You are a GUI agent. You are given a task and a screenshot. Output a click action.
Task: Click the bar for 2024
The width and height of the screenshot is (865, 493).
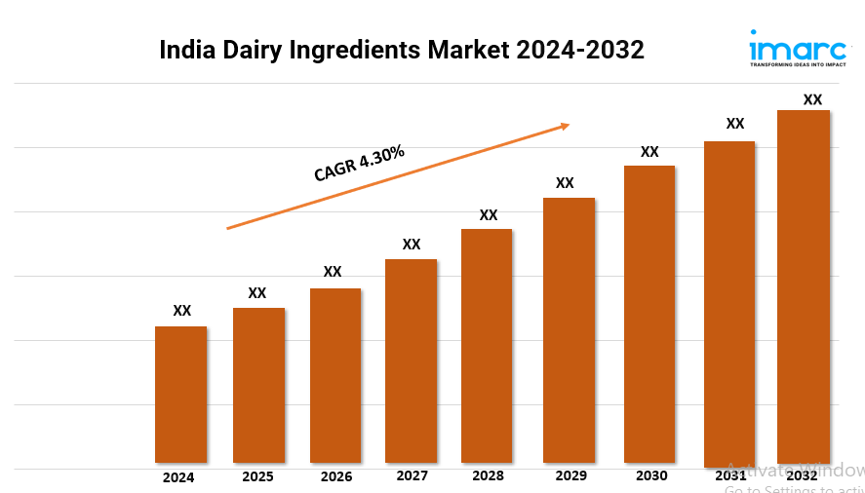180,395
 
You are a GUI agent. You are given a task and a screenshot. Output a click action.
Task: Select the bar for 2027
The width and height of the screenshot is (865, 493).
411,360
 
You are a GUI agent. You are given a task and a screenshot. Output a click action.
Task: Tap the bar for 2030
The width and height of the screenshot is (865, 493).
649,314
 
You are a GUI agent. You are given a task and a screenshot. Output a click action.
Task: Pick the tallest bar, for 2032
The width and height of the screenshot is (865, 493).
803,286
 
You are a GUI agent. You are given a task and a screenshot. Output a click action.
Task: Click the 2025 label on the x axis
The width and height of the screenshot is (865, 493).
257,477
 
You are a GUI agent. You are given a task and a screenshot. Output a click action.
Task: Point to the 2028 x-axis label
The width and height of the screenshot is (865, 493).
489,476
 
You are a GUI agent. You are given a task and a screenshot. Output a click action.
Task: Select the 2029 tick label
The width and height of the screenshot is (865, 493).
570,476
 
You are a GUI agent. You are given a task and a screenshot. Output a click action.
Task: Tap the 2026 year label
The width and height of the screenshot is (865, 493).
336,477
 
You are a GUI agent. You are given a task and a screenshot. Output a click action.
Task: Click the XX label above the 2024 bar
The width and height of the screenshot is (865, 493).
181,311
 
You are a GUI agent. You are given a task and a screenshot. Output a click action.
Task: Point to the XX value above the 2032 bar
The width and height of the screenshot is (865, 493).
811,99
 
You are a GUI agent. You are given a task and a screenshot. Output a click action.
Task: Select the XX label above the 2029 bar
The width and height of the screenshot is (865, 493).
565,183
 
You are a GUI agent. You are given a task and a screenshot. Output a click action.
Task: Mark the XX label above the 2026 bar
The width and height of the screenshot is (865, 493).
333,272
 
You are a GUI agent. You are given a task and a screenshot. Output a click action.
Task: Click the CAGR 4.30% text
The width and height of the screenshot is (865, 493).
359,163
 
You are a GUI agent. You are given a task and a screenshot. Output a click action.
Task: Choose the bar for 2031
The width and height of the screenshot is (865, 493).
729,302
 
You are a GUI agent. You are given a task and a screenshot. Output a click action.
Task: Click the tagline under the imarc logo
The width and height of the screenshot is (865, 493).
797,65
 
